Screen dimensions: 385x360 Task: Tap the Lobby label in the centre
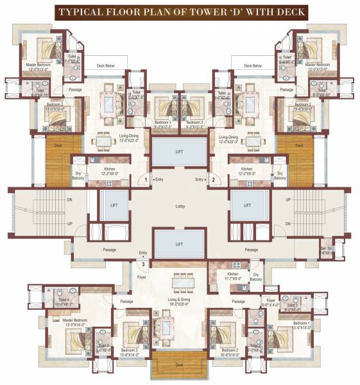coord(180,207)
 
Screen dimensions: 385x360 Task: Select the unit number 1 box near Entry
coord(146,180)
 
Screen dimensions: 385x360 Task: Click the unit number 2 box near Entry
coord(214,180)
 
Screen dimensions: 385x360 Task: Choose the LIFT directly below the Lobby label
coord(180,244)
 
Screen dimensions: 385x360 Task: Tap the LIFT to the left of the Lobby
coord(114,206)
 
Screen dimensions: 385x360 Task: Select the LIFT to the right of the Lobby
coord(246,206)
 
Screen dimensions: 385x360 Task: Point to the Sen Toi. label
coord(327,250)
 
